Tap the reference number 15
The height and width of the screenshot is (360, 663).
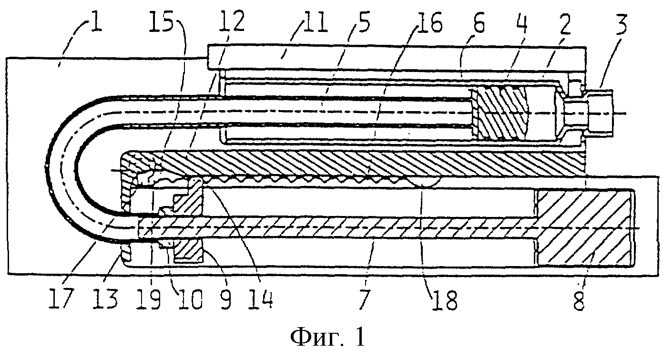(x=161, y=21)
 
